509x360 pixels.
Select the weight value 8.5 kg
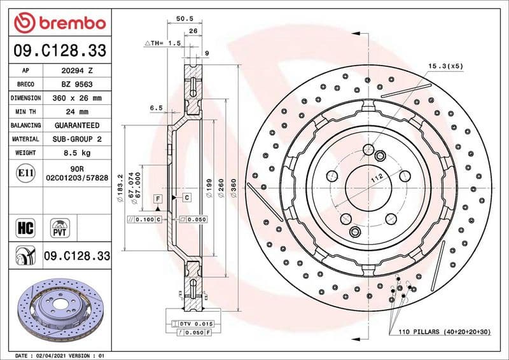click(77, 153)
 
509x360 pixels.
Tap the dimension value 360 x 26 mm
click(77, 99)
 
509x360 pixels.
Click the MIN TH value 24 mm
click(77, 112)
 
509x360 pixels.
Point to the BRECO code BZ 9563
click(77, 85)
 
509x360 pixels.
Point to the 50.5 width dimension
click(185, 20)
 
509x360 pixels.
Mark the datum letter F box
click(155, 198)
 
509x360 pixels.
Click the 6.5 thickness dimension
click(157, 108)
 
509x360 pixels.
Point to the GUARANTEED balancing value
click(77, 125)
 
